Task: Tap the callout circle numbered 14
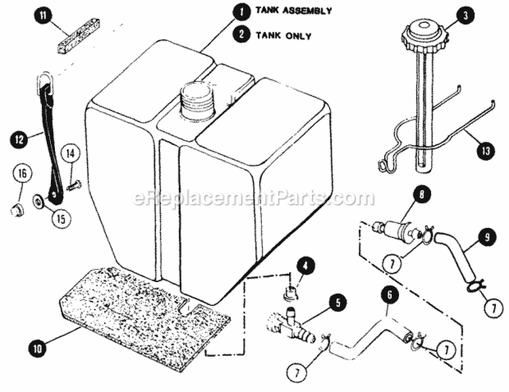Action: tap(72, 153)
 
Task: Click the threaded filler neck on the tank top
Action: tap(197, 100)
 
